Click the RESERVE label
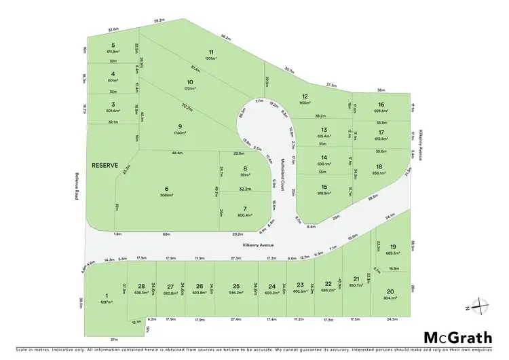[106, 165]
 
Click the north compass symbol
[480, 307]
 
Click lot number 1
[107, 295]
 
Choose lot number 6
[166, 189]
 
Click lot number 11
[211, 52]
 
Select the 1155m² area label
[305, 103]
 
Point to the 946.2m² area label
[235, 293]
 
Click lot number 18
[380, 166]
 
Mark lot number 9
[180, 125]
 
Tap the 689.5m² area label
[392, 253]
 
